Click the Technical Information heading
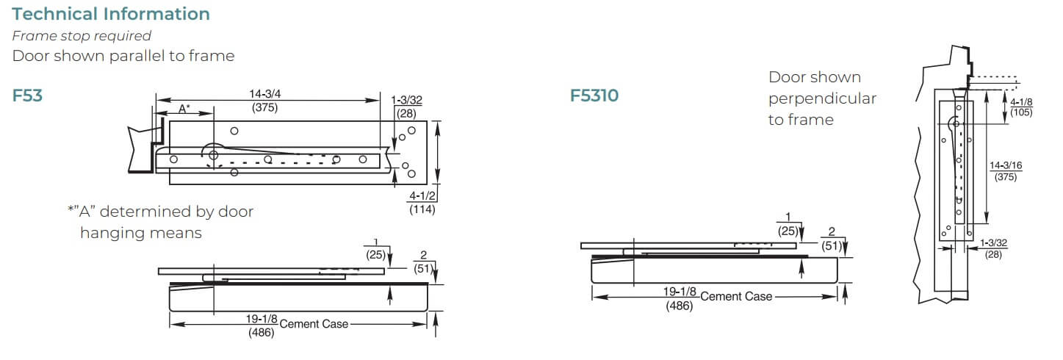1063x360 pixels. click(x=111, y=14)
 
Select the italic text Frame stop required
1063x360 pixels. click(x=82, y=36)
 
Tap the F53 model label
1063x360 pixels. click(x=27, y=96)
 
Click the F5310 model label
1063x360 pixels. click(x=594, y=96)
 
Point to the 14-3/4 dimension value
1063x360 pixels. click(x=264, y=94)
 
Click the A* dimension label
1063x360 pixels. click(x=184, y=109)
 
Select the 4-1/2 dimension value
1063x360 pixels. click(x=422, y=196)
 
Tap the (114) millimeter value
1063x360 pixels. click(x=422, y=209)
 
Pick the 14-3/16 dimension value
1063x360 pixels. click(x=1006, y=165)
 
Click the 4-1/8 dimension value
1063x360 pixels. click(x=1021, y=102)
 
